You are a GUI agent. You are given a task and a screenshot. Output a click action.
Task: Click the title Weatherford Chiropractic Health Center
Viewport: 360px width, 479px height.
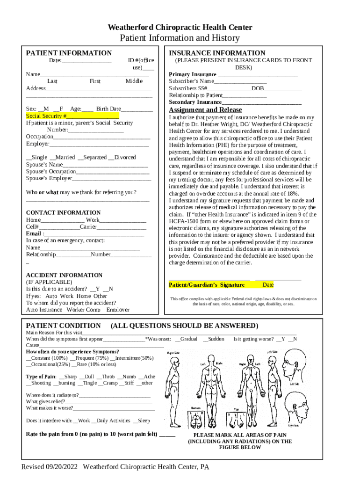[180, 28]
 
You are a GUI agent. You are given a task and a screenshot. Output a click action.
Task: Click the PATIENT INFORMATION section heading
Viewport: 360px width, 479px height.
[69, 53]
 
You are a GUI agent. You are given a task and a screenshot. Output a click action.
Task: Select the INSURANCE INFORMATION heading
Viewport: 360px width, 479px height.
[217, 53]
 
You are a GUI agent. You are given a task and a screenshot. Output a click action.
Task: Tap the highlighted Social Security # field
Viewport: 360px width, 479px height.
[72, 116]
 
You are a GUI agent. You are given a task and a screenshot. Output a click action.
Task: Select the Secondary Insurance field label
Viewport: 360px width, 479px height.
[195, 102]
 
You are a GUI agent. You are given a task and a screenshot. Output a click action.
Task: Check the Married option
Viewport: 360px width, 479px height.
[62, 158]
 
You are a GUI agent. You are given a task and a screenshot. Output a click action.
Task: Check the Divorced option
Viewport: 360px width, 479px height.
[122, 158]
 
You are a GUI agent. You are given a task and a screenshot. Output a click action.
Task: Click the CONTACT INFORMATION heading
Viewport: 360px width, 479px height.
[63, 213]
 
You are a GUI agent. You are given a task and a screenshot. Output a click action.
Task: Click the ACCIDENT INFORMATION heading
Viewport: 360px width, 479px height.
[64, 276]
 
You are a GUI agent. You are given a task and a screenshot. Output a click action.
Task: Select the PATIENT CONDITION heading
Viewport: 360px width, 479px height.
[63, 326]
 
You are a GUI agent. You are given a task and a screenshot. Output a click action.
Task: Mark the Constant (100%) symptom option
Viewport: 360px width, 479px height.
[47, 358]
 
